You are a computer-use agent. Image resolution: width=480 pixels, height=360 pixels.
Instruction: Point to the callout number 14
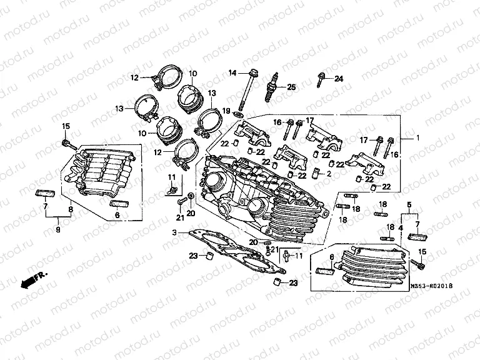(x=232, y=74)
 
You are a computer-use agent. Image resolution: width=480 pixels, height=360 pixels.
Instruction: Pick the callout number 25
(x=291, y=87)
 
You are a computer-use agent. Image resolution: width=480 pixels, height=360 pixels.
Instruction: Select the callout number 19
(x=226, y=110)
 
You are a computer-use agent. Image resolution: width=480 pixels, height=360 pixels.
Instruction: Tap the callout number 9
(x=57, y=229)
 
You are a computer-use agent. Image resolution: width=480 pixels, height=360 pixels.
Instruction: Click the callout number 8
(x=70, y=211)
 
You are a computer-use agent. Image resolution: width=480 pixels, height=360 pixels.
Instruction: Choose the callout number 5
(x=409, y=204)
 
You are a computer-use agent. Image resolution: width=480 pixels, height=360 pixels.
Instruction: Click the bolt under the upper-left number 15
(x=67, y=144)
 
